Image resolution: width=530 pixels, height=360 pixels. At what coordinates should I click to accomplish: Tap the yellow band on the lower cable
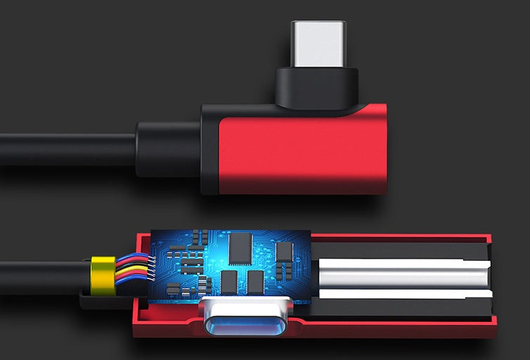click(103, 275)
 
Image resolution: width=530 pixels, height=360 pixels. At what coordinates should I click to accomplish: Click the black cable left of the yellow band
click(42, 276)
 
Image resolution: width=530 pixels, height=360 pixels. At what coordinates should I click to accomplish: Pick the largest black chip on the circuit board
click(240, 248)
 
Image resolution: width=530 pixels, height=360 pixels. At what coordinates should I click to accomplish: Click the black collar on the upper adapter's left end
click(209, 149)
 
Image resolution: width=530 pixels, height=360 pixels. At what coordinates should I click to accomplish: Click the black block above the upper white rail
click(401, 250)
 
